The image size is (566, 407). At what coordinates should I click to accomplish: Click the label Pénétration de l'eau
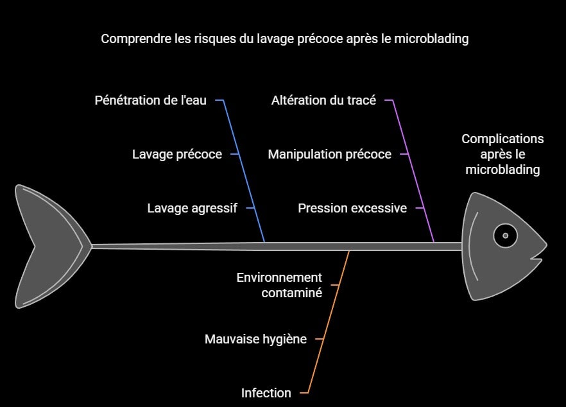[151, 100]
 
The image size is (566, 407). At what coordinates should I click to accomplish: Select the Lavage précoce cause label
[177, 154]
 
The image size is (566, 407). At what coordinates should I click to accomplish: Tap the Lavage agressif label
[192, 208]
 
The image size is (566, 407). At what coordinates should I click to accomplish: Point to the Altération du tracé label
[323, 100]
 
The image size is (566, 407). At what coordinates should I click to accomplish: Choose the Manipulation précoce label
[329, 154]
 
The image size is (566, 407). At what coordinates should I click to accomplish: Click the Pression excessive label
[352, 208]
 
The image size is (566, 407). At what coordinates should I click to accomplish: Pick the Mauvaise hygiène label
[255, 339]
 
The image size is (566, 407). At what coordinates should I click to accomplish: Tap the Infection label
[266, 393]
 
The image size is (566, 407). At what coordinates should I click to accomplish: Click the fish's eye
[506, 236]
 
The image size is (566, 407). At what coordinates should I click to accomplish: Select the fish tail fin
[51, 246]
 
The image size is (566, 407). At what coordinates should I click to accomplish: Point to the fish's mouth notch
[538, 259]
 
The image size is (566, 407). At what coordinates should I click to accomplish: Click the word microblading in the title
[433, 39]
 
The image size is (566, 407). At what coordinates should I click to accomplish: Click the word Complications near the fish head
[502, 139]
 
